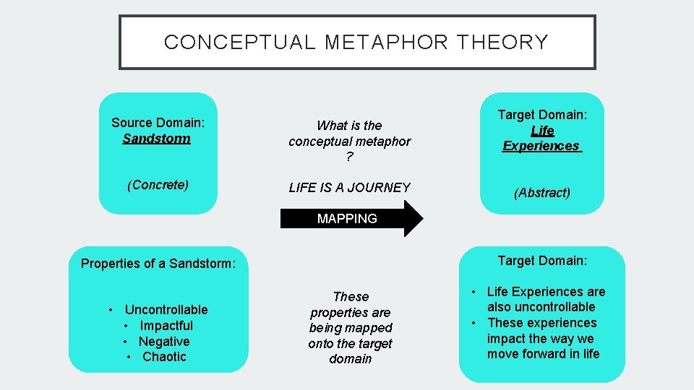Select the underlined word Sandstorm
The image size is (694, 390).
coord(157,139)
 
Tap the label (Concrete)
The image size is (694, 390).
coord(158,185)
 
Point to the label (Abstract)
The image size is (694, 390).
coord(541,193)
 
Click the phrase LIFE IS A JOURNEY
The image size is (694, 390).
coord(349,188)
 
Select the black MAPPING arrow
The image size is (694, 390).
coord(351,218)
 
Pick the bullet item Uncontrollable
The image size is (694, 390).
coord(166,310)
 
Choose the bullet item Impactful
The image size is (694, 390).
coord(166,326)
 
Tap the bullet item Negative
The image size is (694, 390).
coord(164,342)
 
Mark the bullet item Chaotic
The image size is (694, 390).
coord(164,357)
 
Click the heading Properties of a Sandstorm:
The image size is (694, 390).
coord(158,264)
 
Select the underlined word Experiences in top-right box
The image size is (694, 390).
coord(541,146)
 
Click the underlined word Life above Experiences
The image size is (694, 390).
coord(542,131)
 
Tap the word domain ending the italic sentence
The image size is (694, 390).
coord(351,359)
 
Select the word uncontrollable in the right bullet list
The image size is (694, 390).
coord(552,307)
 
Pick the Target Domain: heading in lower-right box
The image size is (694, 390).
coord(542,261)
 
